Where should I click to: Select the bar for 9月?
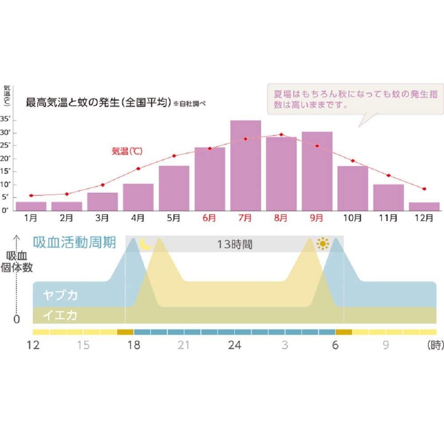(x=317, y=171)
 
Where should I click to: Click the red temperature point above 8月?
(x=281, y=135)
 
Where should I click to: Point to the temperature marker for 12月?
(x=424, y=189)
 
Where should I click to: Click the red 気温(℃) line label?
(x=127, y=151)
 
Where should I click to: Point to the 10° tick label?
(x=5, y=184)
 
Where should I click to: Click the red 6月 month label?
(x=209, y=218)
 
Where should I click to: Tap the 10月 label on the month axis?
(x=353, y=218)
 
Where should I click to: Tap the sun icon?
(x=323, y=244)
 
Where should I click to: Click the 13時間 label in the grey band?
(x=234, y=244)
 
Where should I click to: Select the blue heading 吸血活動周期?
(x=75, y=243)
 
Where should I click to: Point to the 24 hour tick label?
(x=234, y=345)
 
